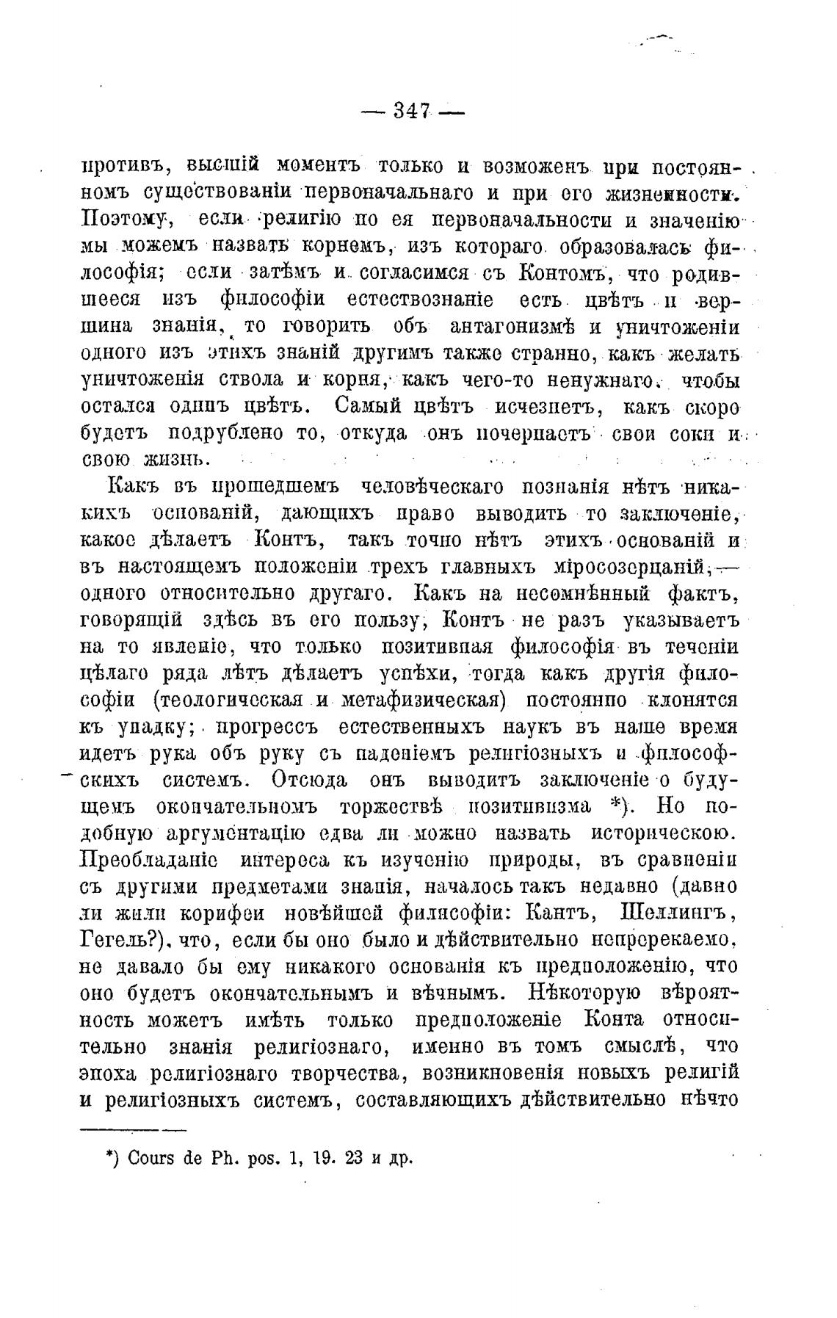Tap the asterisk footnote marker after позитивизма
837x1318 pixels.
point(616,805)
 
